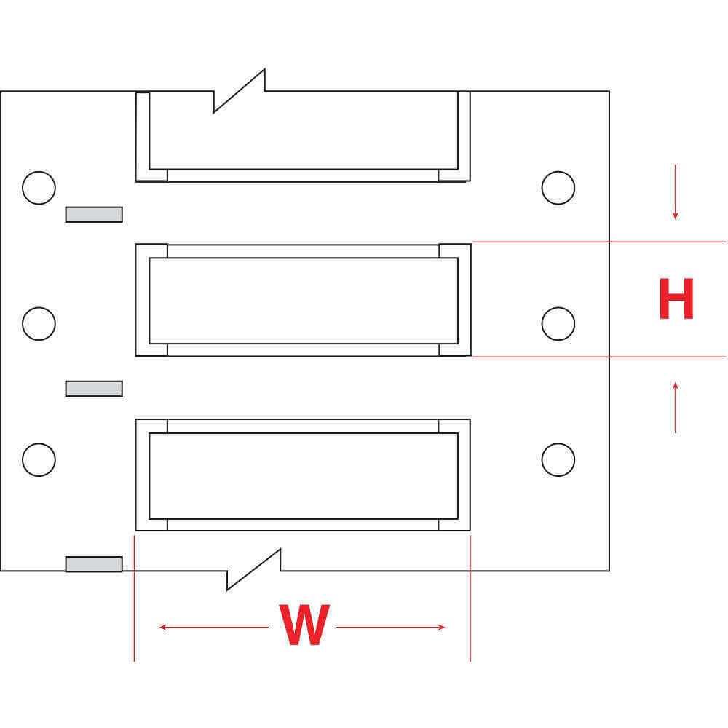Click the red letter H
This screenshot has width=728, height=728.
pos(676,299)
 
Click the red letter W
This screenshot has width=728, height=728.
pos(303,626)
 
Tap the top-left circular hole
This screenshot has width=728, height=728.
pos(39,188)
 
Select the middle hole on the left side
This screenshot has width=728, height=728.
pos(39,323)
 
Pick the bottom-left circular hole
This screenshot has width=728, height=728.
pos(39,459)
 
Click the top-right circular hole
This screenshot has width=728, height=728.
pos(558,188)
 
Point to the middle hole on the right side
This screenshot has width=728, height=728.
pos(558,323)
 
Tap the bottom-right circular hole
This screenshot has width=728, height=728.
pos(558,459)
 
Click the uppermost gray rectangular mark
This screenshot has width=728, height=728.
pos(94,215)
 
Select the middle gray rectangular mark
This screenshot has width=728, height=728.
pos(94,389)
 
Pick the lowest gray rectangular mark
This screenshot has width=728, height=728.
pos(94,564)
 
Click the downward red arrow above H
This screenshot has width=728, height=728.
pos(676,192)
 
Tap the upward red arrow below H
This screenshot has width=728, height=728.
pos(676,407)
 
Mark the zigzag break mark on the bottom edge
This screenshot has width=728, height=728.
pos(254,569)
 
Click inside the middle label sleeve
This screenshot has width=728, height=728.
pos(303,300)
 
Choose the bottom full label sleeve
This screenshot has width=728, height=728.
pos(303,475)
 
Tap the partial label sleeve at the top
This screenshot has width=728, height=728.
pos(303,135)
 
